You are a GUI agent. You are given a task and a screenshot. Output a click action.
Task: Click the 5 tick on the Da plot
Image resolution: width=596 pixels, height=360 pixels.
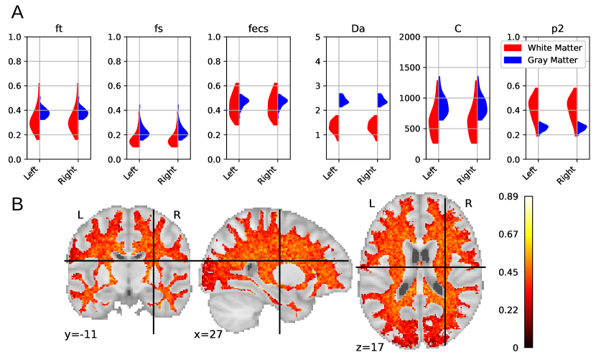317,37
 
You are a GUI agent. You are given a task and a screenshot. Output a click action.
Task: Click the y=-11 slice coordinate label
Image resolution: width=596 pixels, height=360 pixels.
81,333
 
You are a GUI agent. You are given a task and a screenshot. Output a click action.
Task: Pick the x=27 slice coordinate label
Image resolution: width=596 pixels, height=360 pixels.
208,334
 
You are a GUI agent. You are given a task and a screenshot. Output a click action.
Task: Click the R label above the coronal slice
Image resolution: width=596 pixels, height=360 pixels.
177,214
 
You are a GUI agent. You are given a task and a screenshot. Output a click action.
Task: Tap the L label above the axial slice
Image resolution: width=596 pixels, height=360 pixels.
371,203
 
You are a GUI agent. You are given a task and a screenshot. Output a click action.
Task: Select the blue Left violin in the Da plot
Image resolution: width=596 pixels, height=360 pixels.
343,101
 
